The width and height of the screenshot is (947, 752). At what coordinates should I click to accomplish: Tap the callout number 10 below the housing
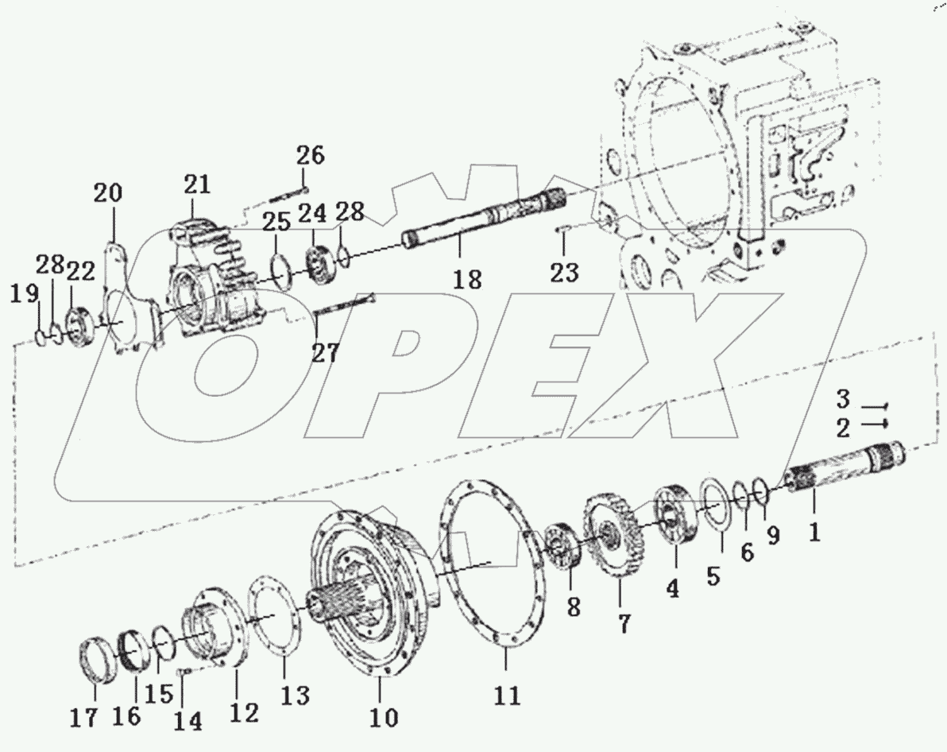tap(384, 717)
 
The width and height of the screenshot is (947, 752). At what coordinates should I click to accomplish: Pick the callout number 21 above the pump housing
tap(197, 185)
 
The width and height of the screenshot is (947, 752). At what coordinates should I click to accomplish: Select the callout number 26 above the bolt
tap(311, 155)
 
